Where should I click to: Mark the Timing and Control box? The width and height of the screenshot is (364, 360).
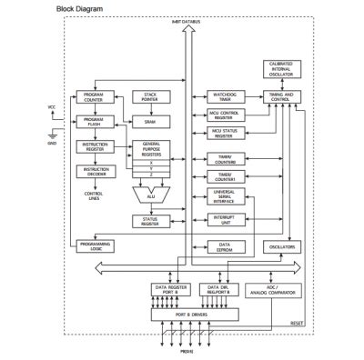pos(280,96)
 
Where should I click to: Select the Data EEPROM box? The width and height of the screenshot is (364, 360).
pos(217,245)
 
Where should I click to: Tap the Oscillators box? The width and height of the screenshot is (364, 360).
pos(280,246)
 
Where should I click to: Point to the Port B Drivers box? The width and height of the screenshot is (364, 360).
pos(192,314)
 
